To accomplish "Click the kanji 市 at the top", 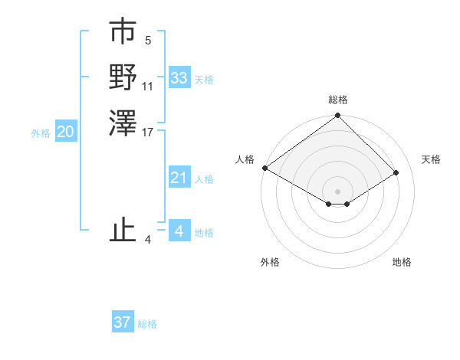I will (x=123, y=33).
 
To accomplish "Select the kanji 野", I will (x=123, y=77).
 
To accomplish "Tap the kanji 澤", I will (x=123, y=123).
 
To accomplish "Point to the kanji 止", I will (x=123, y=231).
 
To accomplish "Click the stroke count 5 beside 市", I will (x=147, y=41).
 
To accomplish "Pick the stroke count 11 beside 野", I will (x=148, y=86).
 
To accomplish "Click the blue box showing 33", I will (x=179, y=78).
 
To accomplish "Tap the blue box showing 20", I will (x=66, y=133).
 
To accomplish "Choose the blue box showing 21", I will (x=179, y=178).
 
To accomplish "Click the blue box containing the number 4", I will (x=179, y=231).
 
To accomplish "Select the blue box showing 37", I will (x=123, y=322).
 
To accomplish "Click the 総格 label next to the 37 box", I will (x=147, y=324).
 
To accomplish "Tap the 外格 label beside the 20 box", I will (x=41, y=133).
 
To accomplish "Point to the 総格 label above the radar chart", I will (x=338, y=100).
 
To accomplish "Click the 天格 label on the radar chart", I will (x=431, y=159).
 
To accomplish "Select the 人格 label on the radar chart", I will (x=245, y=159).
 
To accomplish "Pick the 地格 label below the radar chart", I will (x=402, y=262).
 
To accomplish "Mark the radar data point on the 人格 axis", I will (x=264, y=168).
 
